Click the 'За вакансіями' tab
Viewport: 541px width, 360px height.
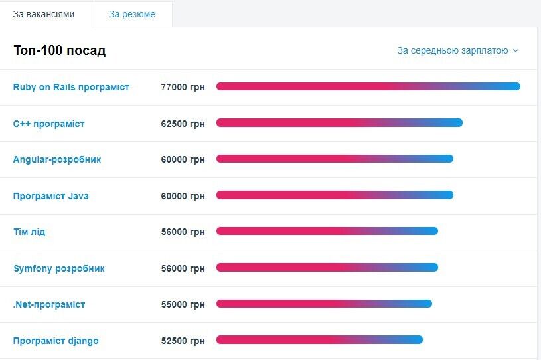click(44, 14)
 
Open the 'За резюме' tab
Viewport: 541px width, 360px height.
click(132, 14)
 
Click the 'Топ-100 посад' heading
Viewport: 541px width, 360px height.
click(59, 51)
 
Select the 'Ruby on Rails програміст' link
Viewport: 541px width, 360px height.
click(71, 87)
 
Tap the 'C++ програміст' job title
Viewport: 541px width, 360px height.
click(49, 124)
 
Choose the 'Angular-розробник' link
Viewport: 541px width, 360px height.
click(57, 159)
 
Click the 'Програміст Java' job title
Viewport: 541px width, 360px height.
click(50, 196)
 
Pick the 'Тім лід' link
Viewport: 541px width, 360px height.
click(29, 232)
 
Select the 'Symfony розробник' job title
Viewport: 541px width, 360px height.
click(58, 268)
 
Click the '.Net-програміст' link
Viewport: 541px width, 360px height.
click(49, 304)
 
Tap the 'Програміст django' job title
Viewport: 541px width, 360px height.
click(56, 341)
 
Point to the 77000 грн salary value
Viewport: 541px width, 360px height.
click(183, 87)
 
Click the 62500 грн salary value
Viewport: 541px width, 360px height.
click(183, 124)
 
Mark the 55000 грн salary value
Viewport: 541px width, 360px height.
click(183, 304)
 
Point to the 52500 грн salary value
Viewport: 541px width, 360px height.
click(183, 341)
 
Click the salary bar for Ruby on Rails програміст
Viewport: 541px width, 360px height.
click(368, 86)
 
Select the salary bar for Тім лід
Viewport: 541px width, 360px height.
click(327, 231)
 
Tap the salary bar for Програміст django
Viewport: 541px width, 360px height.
click(319, 340)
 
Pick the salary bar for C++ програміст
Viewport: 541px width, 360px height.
click(339, 122)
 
